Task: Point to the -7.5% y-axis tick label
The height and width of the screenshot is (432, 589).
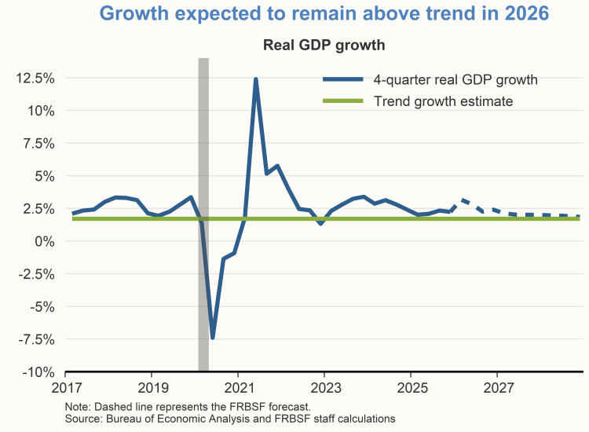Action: tap(37, 339)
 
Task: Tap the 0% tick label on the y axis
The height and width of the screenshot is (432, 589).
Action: tap(46, 241)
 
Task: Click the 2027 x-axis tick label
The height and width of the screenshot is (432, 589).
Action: tap(499, 387)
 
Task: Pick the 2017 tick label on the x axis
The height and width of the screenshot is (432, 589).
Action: tap(65, 387)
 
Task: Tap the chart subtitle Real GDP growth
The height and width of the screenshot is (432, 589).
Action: tap(324, 45)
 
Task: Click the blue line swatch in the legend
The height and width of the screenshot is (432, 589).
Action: tap(342, 79)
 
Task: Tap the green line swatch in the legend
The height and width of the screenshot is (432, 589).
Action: tap(342, 101)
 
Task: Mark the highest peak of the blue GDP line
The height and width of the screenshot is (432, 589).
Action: tap(255, 79)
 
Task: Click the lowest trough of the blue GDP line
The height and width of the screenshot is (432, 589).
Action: tap(212, 338)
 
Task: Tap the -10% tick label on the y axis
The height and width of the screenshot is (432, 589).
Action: tap(38, 372)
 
